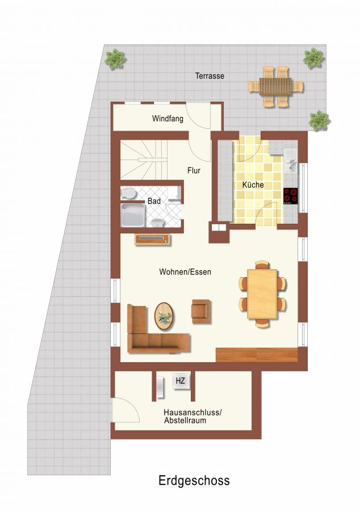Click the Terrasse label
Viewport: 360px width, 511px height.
pos(210,76)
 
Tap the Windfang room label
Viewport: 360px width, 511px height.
pos(168,118)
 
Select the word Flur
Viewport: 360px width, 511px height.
pos(194,170)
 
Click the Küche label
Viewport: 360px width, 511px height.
pos(253,185)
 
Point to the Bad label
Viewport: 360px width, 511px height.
pos(154,201)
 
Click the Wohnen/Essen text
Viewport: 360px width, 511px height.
pos(185,272)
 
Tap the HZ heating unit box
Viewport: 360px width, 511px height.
pos(180,380)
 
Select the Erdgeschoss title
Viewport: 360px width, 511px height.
pos(194,481)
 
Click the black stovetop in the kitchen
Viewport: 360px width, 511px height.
pos(290,196)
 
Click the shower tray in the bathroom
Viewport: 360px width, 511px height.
pos(133,215)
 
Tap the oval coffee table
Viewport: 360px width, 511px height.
pos(164,316)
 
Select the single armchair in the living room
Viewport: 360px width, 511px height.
pos(201,312)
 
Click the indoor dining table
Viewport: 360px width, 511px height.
pos(262,294)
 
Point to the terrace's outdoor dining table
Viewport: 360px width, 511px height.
pos(275,87)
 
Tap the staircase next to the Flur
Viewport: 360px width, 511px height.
pos(144,160)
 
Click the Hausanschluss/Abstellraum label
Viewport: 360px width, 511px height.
pos(192,417)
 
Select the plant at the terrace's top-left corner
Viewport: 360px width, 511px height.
pos(115,59)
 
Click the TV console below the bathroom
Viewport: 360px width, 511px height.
pos(153,239)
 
